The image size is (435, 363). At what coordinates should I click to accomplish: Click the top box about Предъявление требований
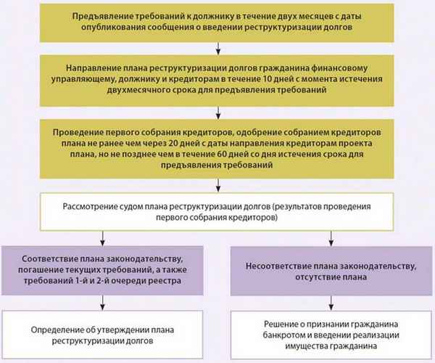pos(217,22)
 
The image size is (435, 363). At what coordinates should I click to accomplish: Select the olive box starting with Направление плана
pos(217,75)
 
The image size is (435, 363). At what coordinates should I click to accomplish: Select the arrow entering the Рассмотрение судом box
pos(217,184)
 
